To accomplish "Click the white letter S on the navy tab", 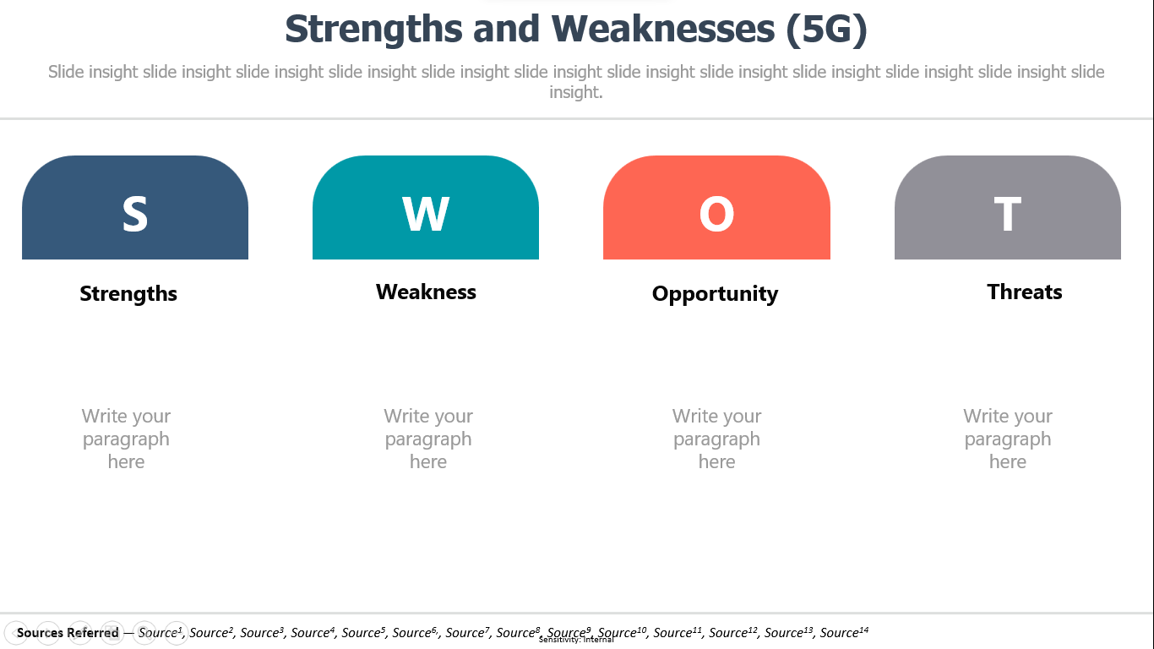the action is [135, 214].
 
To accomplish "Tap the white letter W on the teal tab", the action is [426, 214].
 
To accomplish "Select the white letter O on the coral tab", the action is [716, 214].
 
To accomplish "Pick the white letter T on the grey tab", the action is [1007, 214].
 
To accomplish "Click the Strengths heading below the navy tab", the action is [128, 294].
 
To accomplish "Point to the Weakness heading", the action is [426, 292].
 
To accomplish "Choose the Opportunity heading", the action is [715, 294].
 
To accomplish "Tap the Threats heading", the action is [1025, 292].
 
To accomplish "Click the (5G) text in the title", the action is [827, 30].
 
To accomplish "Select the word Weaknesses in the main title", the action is [663, 29].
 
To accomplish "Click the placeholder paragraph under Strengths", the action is [126, 439].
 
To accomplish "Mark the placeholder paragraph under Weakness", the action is [428, 439].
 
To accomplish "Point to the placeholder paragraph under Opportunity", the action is [716, 439].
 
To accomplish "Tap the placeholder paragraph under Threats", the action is [1008, 439].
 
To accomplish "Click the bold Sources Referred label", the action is [68, 632].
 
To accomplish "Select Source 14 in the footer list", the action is [844, 632].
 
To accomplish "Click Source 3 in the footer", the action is [262, 632].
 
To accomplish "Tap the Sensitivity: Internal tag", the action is [576, 641].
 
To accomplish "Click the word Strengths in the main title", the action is [373, 30].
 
